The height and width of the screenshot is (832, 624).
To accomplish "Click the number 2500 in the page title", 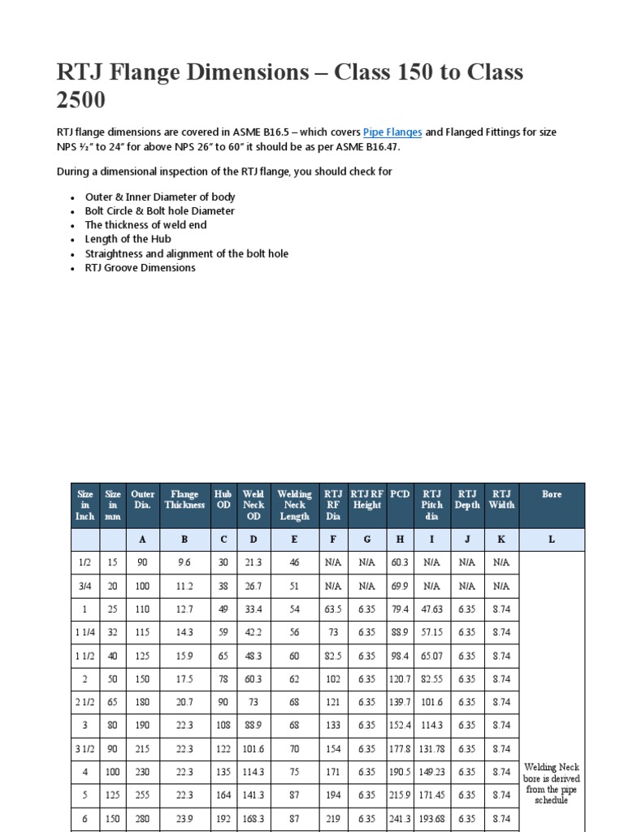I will (x=80, y=101).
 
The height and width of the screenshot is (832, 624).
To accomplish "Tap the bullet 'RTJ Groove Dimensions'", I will (x=140, y=267).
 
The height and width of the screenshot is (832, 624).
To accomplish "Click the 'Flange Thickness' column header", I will (x=184, y=499).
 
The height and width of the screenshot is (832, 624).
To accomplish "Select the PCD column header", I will (x=400, y=493).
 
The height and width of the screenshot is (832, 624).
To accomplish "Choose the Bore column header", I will (x=552, y=493).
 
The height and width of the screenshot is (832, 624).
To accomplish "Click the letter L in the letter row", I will (x=552, y=539).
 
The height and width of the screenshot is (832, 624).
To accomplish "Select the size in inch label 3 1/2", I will (x=85, y=748).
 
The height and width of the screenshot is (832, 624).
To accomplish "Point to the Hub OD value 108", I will (x=223, y=725).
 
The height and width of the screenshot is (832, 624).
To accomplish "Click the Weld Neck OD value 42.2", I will (x=253, y=631).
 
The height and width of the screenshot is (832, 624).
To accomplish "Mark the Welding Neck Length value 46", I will (x=294, y=561).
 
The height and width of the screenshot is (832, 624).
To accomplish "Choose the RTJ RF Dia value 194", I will (x=333, y=795).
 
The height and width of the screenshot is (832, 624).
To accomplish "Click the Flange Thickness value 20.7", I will (x=184, y=702).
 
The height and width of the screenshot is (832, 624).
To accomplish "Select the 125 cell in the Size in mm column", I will (x=114, y=795).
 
